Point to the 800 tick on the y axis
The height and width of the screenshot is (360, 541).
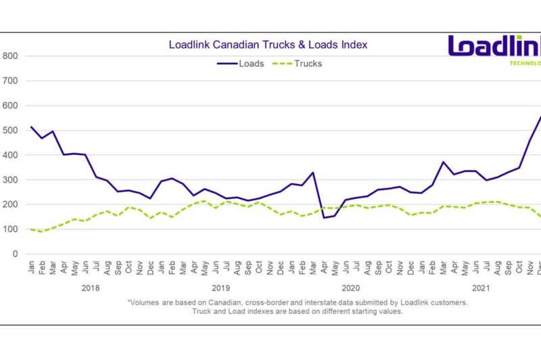coord(10,56)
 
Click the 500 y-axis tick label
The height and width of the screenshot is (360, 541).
coord(10,131)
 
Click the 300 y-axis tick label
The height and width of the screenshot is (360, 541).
coord(10,180)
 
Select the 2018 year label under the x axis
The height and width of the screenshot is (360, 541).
coord(90,288)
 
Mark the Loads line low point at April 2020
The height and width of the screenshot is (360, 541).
coord(324,217)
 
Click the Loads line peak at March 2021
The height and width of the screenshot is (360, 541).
coord(443,162)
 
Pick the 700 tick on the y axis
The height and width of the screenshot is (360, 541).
coord(10,81)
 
